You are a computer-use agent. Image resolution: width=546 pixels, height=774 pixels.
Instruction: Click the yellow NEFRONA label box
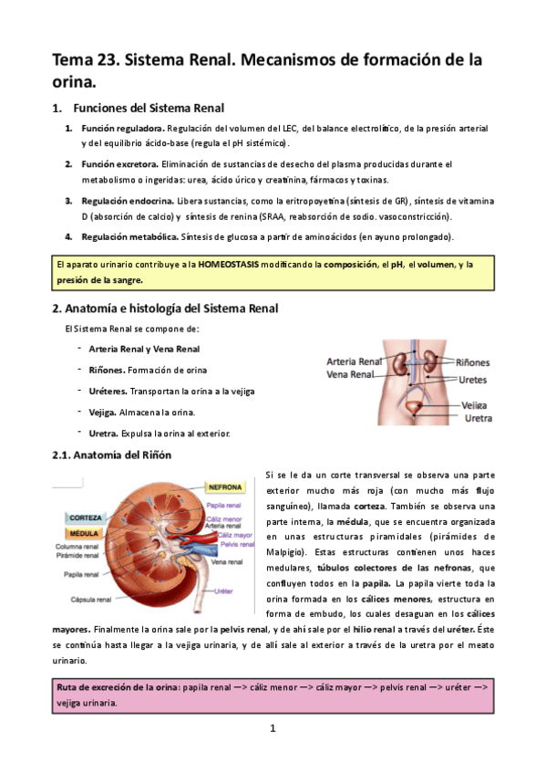[x=225, y=486]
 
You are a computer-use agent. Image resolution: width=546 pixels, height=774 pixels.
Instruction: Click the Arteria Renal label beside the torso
[x=354, y=361]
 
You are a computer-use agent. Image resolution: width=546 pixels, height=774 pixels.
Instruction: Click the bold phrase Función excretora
[x=119, y=163]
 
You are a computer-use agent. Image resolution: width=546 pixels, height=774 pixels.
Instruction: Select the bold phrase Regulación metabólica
[x=128, y=236]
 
